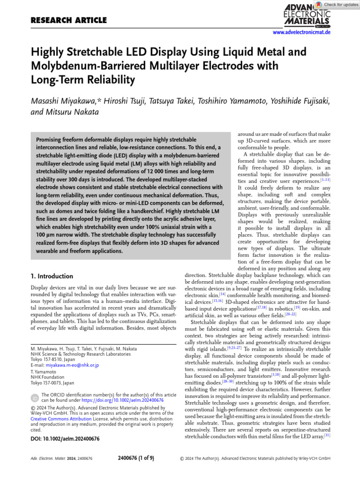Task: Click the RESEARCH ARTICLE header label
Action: (68, 20)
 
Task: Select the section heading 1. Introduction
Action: (52, 276)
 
